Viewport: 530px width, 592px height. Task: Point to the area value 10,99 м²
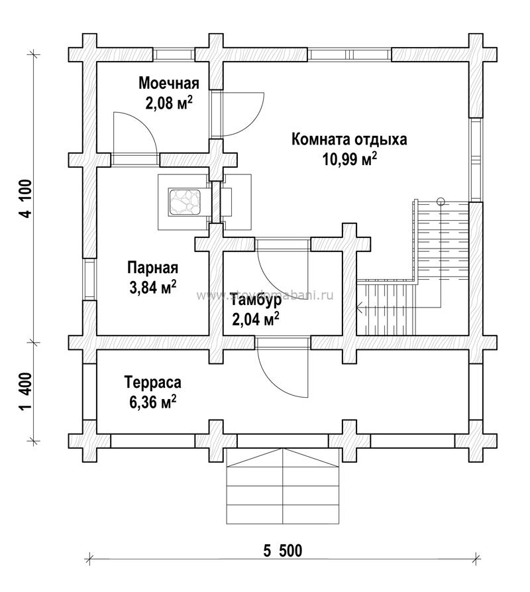point(350,159)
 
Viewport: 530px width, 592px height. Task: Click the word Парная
point(152,268)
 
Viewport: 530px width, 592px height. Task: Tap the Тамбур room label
point(256,300)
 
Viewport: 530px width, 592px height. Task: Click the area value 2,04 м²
point(255,320)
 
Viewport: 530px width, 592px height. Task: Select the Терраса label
point(152,383)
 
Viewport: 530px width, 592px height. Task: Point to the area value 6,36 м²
point(152,402)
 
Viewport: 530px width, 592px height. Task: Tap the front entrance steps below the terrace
point(283,487)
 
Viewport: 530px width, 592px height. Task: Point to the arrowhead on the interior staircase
point(358,307)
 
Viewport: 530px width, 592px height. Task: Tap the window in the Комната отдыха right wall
point(475,159)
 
